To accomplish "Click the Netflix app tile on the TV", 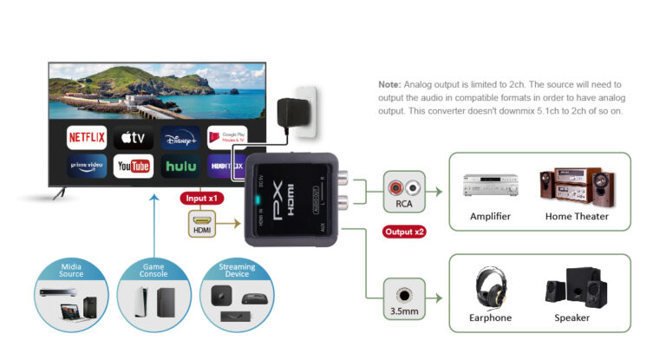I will (87, 137).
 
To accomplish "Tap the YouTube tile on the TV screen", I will (134, 165).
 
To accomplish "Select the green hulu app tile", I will (180, 165).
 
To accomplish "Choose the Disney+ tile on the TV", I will (180, 137).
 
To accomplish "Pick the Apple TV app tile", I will (134, 137).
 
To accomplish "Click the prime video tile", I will (87, 165).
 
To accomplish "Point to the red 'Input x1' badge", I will (201, 198).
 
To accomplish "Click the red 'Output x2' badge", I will (404, 232).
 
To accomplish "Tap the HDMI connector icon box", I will (201, 224).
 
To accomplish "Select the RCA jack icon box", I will (404, 191).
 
